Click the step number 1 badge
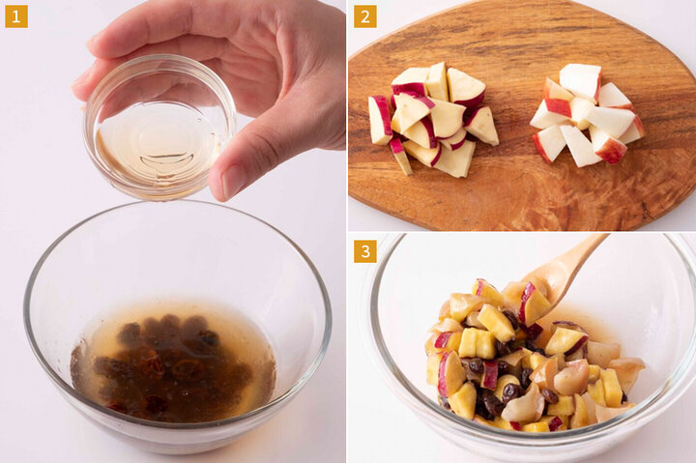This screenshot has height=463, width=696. tap(16, 16)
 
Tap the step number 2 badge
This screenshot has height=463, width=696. tap(365, 16)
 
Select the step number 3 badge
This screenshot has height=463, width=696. tap(365, 251)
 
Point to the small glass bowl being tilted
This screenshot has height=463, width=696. tap(159, 127)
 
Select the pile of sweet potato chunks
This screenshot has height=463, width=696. tap(433, 118)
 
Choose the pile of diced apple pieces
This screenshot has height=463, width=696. tap(587, 115)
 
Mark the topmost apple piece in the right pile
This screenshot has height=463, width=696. tap(580, 81)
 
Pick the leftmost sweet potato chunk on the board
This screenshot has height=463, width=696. tap(381, 120)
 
